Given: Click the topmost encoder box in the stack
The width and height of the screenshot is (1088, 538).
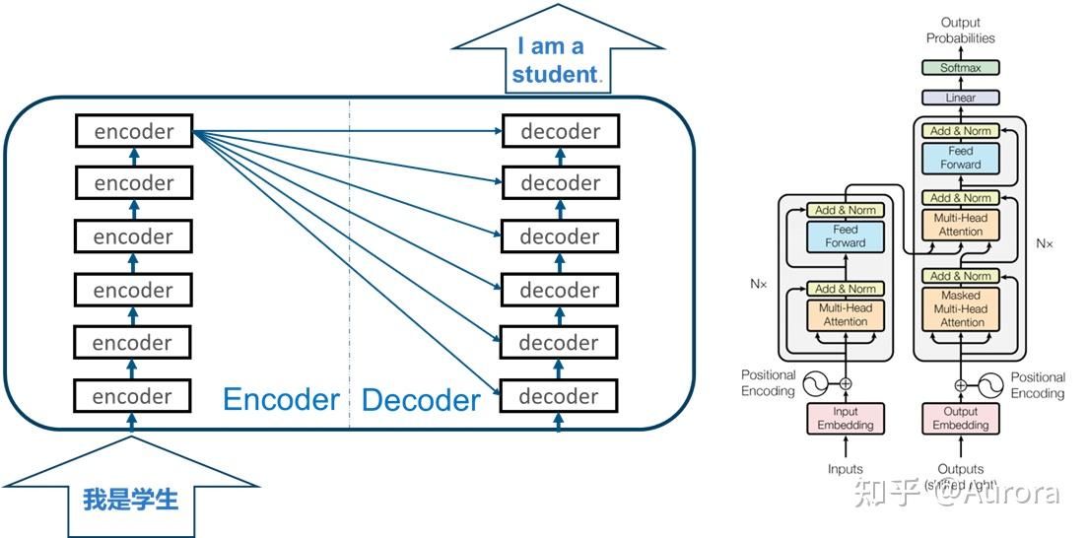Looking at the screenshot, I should click(x=134, y=131).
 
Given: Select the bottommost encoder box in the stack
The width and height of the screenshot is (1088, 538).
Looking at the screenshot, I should click(x=132, y=396).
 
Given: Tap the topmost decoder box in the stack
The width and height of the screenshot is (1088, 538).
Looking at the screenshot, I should click(x=560, y=131).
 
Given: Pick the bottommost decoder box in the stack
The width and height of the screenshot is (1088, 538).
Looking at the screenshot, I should click(x=559, y=396).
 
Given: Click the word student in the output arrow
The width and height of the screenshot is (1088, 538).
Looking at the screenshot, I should click(x=555, y=74).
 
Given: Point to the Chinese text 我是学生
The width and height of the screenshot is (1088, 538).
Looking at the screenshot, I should click(x=130, y=500).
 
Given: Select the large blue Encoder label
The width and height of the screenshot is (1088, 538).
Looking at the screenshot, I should click(x=281, y=399).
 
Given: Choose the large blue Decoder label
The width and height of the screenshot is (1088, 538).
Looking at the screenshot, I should click(x=421, y=400).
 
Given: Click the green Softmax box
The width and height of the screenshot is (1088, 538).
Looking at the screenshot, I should click(x=961, y=68).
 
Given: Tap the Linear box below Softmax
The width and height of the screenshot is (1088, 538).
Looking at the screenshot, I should click(x=961, y=98).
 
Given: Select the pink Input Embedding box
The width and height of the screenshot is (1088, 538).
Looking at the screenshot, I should click(x=845, y=418).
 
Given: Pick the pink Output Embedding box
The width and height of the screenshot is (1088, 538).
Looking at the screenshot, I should click(x=961, y=418).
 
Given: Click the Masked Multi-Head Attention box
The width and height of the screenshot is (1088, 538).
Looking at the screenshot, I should click(x=962, y=308).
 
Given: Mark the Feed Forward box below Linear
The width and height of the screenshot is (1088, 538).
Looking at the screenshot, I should click(x=961, y=158).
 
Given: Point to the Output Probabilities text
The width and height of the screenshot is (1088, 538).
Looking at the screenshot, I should click(x=961, y=31).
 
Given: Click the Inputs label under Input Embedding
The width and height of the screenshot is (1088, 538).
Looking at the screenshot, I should click(x=845, y=469).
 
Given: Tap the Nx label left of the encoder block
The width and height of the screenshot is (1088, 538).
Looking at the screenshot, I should click(x=758, y=284).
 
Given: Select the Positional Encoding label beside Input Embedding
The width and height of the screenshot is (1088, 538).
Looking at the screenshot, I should click(x=769, y=383).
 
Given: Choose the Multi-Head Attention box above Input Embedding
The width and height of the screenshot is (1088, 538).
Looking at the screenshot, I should click(x=845, y=314).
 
